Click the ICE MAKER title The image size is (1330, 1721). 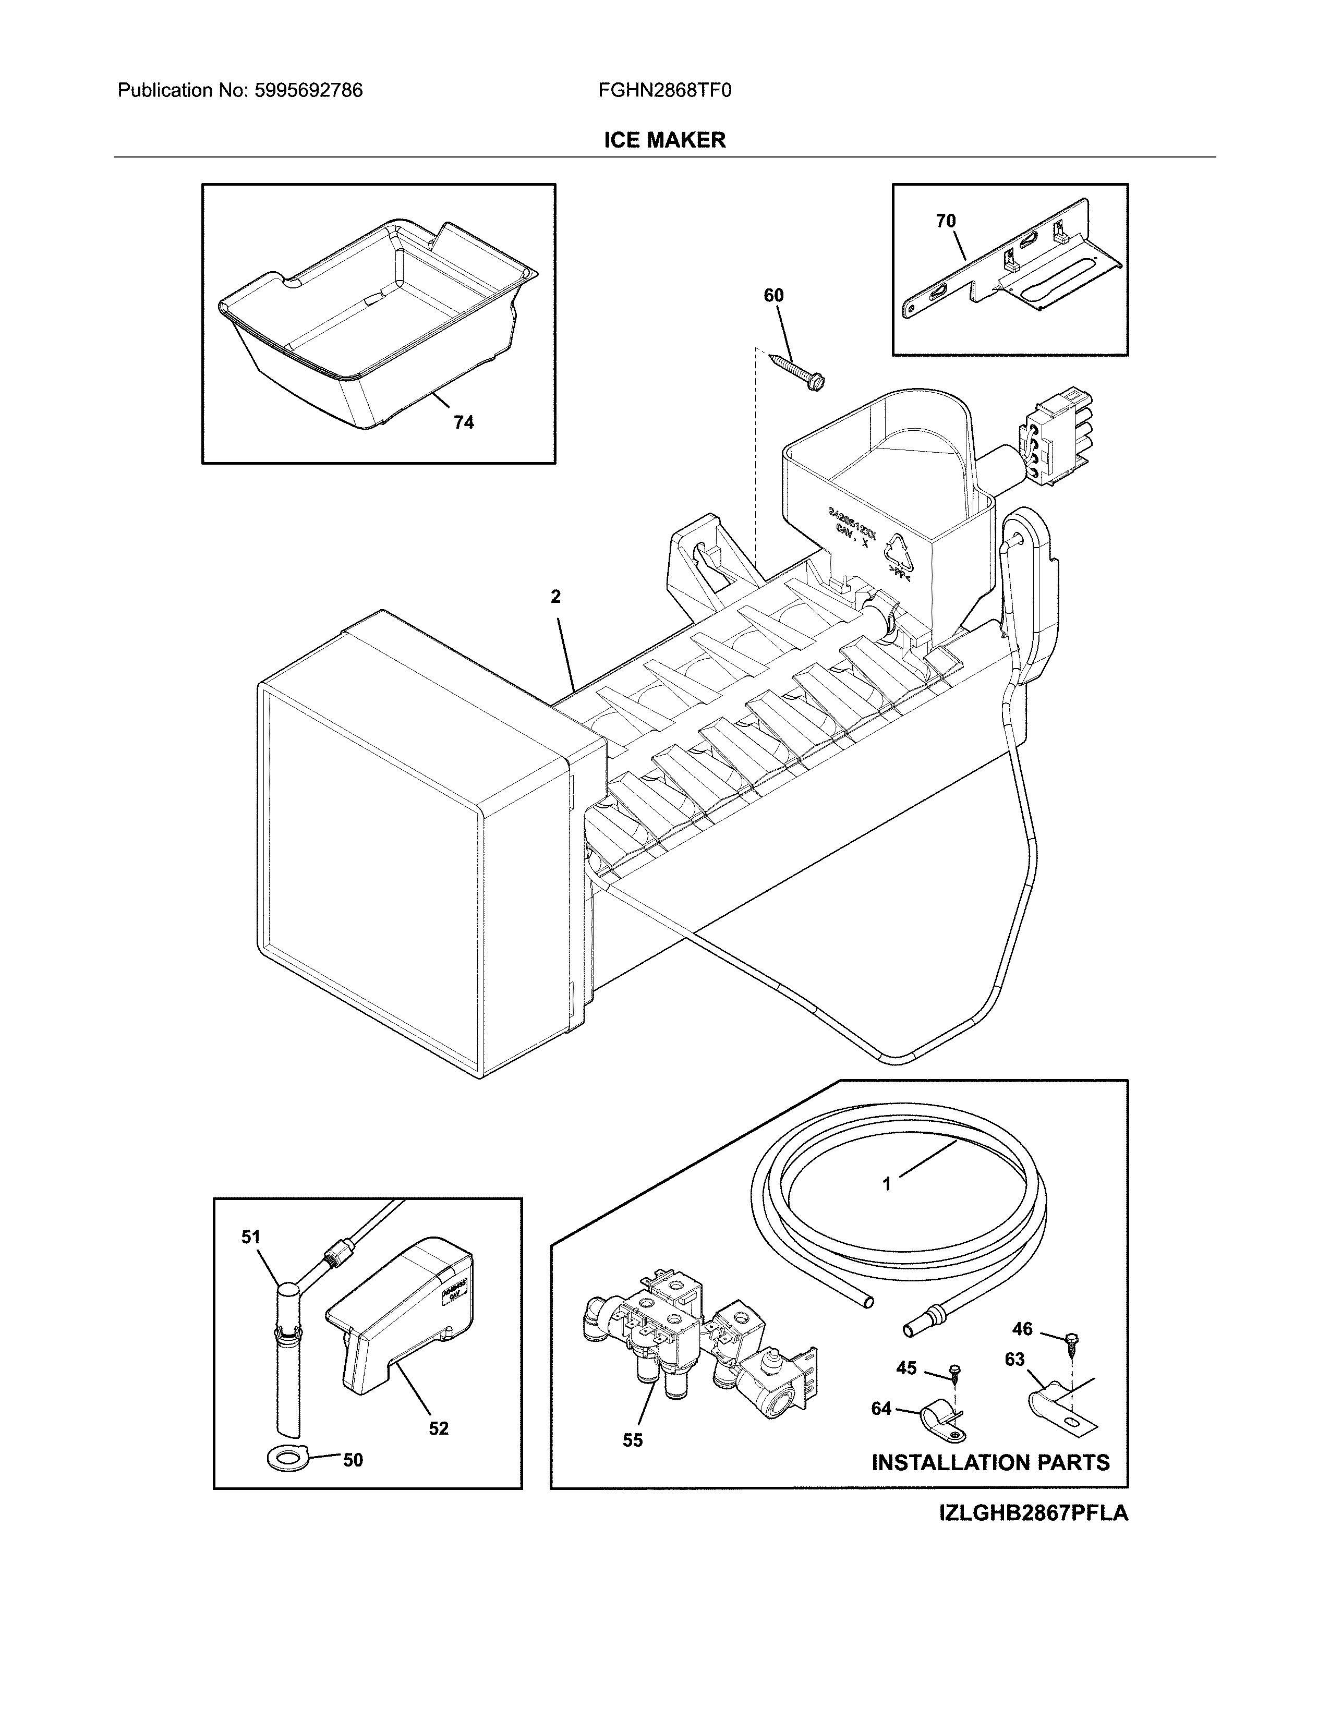(664, 140)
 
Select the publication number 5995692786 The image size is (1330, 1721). (308, 91)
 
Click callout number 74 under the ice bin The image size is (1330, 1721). (463, 422)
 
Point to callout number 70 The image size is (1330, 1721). (946, 222)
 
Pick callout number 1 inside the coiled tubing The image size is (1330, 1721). (886, 1206)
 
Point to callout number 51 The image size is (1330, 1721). (250, 1237)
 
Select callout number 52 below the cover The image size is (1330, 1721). (438, 1428)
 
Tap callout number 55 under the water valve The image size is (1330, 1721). (632, 1440)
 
